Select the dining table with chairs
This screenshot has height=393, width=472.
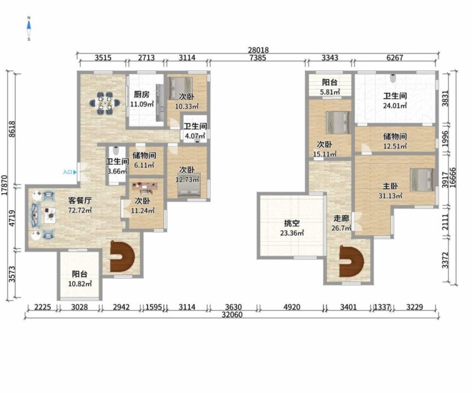(105, 103)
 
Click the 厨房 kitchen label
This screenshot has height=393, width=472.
(142, 94)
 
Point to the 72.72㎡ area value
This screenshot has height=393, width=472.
(80, 210)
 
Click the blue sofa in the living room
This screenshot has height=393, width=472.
(36, 215)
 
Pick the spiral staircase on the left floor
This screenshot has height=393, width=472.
(122, 256)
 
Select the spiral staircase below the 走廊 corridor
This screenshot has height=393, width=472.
(352, 262)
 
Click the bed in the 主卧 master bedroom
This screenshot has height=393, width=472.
(422, 180)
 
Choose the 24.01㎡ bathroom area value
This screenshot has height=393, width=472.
(395, 106)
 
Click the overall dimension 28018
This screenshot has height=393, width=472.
(258, 50)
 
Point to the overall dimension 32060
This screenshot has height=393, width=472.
(232, 315)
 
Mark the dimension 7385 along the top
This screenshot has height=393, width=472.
(258, 58)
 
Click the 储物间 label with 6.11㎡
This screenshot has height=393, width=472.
(144, 155)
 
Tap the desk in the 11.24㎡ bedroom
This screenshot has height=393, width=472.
(145, 186)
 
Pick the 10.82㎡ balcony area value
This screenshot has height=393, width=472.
(80, 284)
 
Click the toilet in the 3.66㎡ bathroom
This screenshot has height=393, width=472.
(116, 150)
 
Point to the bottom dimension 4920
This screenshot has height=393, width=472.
(292, 307)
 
